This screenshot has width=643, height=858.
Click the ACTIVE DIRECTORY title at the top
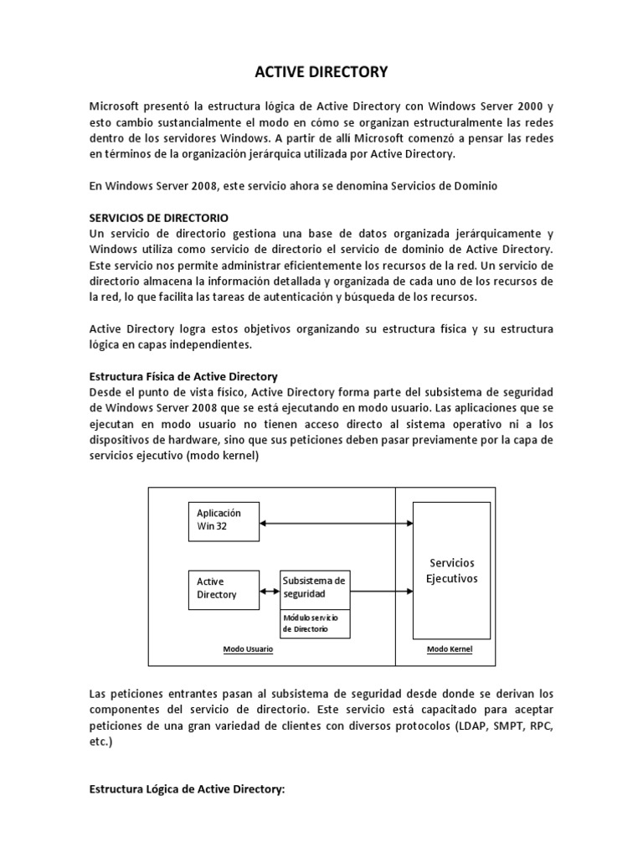point(321,73)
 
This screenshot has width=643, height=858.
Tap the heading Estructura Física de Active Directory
point(183,376)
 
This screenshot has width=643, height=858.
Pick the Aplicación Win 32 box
point(224,519)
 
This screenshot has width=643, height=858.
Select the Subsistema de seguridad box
point(314,587)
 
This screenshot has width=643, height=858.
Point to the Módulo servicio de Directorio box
point(314,623)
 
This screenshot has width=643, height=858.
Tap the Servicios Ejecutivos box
point(452,570)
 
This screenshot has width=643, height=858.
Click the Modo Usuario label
point(248,649)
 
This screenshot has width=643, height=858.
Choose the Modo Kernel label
point(450,649)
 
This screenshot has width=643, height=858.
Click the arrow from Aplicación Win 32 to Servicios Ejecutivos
point(337,525)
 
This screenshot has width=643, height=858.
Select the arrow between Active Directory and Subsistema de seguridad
point(270,592)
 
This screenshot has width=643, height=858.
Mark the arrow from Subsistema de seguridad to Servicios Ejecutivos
point(381,592)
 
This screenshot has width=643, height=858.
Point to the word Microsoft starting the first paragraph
point(116,106)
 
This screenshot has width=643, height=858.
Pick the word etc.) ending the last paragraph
point(100,742)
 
